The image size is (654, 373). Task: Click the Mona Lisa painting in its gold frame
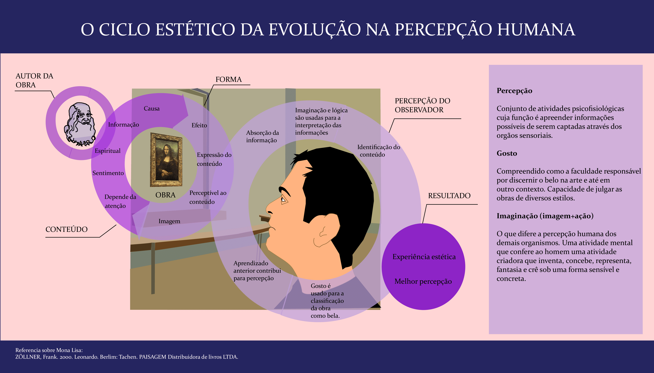[166, 160]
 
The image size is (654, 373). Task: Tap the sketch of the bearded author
[80, 124]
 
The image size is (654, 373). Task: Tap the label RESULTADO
[449, 196]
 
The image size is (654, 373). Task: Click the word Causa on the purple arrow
[151, 108]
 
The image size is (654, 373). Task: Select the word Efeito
[199, 125]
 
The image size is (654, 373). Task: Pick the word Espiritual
[108, 151]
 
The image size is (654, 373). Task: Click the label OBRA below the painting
[165, 195]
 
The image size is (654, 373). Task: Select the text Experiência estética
[424, 257]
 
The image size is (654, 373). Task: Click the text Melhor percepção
[423, 282]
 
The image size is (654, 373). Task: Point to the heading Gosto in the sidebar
[507, 153]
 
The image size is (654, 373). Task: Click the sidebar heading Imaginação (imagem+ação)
[545, 216]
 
